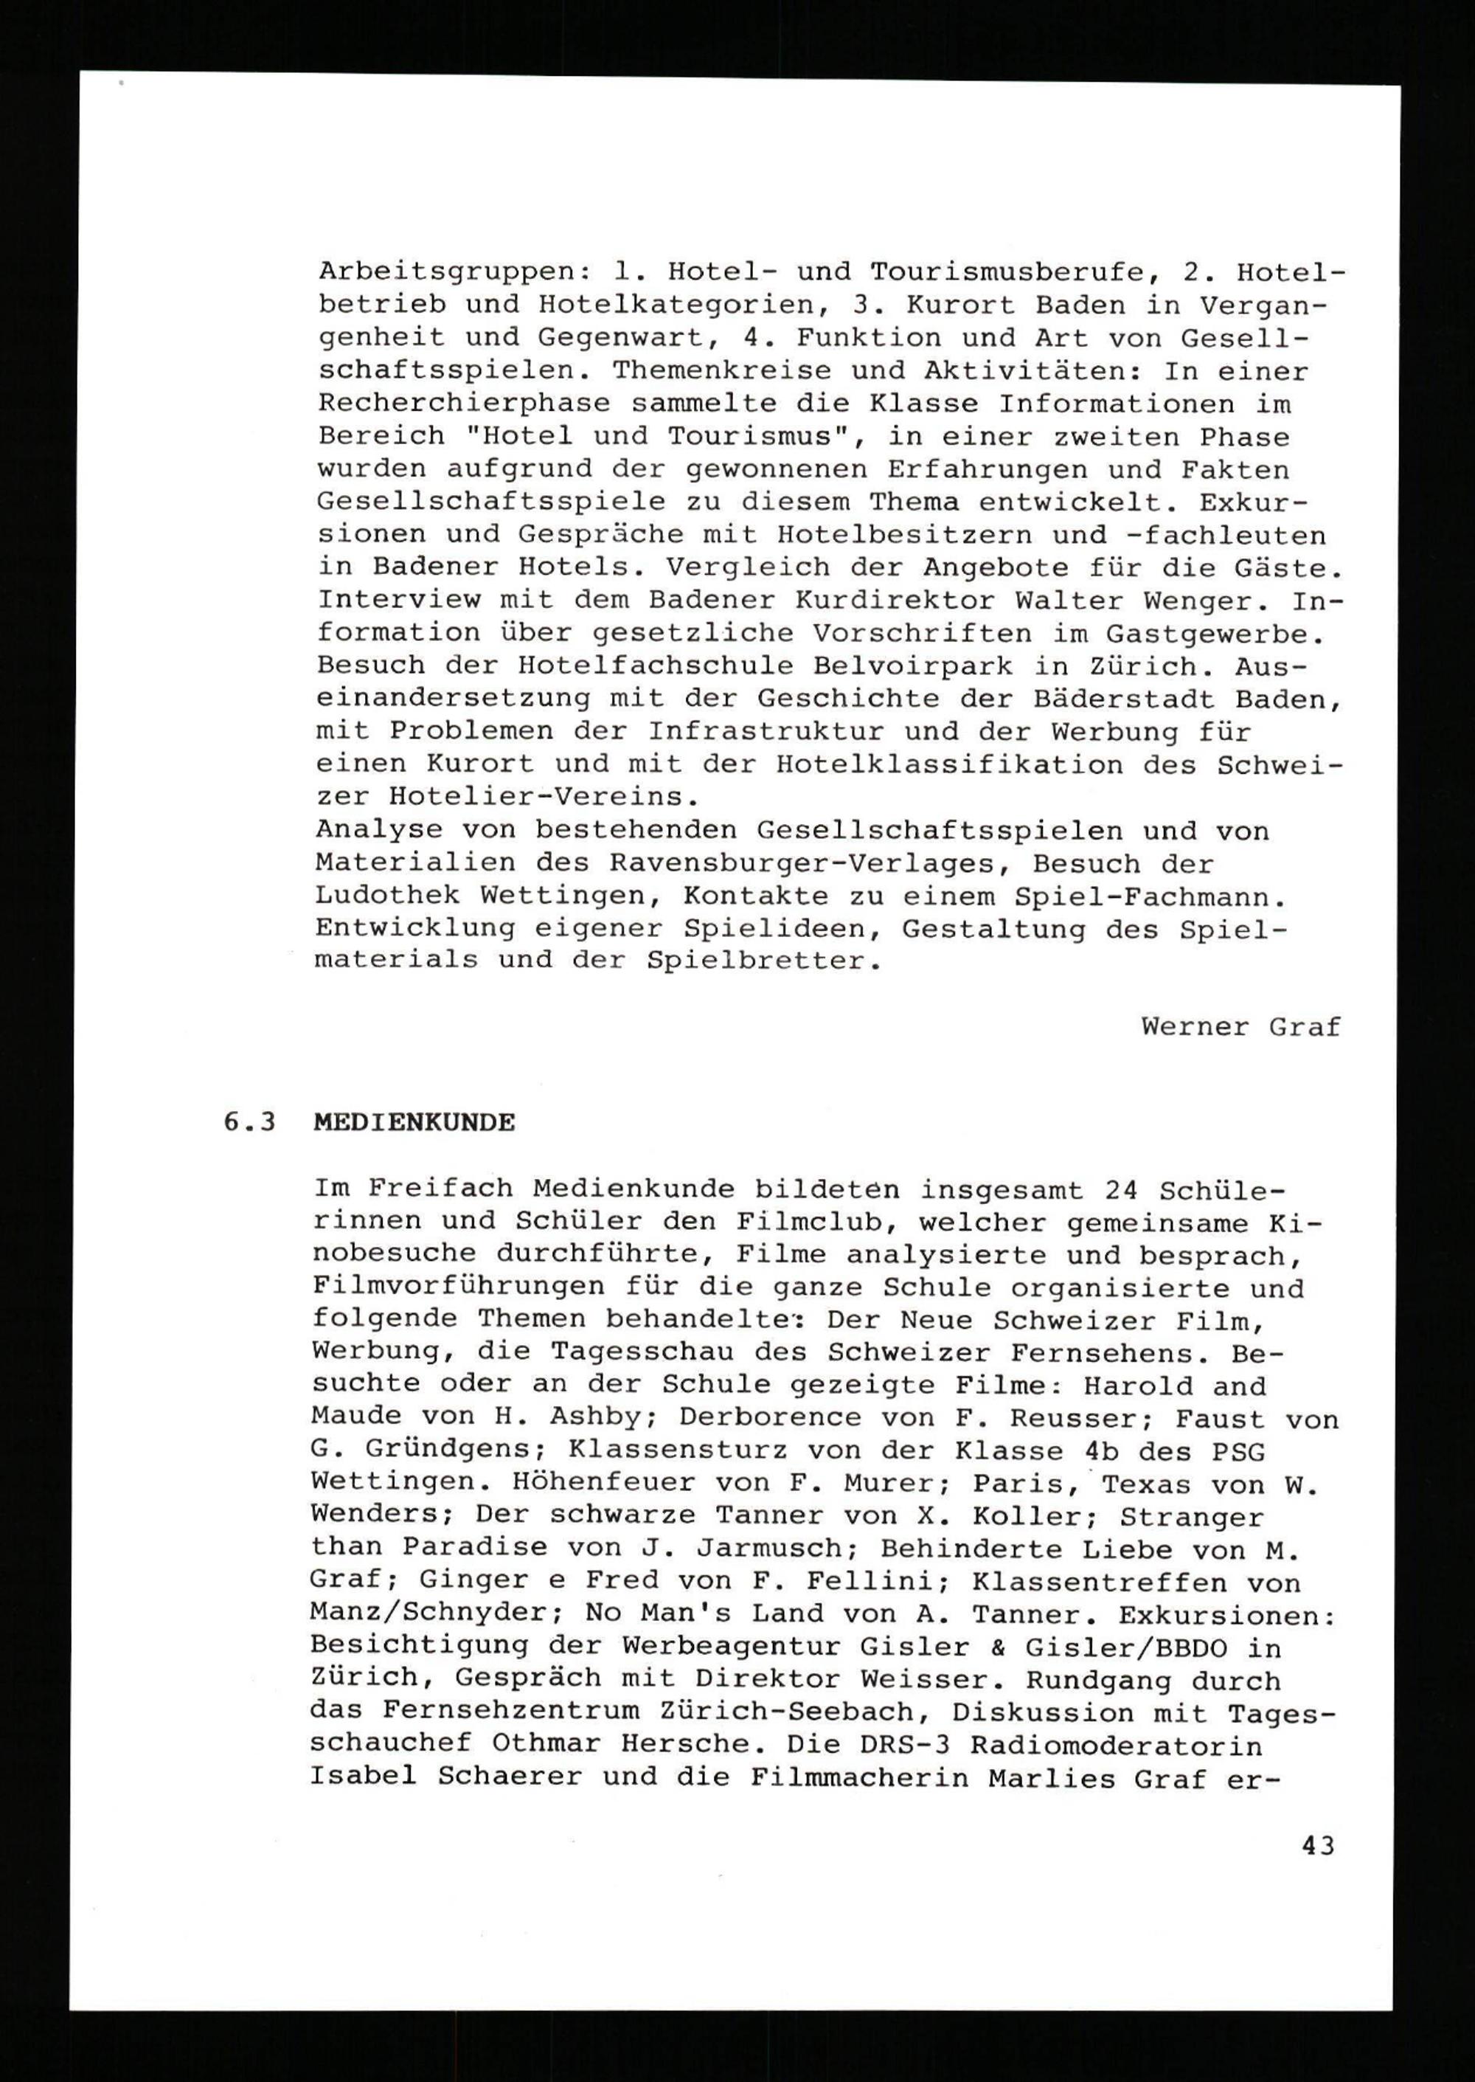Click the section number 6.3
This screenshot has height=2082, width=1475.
tap(250, 1123)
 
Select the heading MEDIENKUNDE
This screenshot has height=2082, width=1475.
tap(414, 1123)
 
